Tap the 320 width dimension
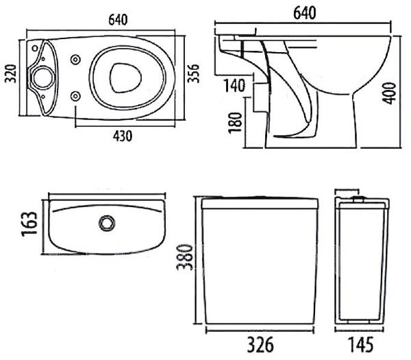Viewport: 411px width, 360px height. point(10,76)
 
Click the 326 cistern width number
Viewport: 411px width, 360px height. point(261,345)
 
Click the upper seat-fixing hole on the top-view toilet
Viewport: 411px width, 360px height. point(76,59)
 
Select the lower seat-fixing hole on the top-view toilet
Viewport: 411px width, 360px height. point(76,95)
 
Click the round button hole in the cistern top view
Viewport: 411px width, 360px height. point(107,223)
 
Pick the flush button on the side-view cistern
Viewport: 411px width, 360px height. point(358,198)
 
